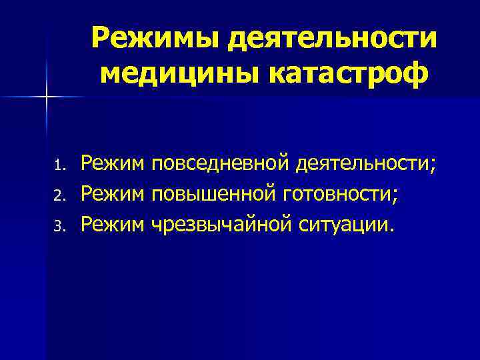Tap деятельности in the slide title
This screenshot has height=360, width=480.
(x=333, y=39)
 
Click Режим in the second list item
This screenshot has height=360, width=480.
(x=113, y=194)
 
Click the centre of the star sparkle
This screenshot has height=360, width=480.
(x=47, y=97)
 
